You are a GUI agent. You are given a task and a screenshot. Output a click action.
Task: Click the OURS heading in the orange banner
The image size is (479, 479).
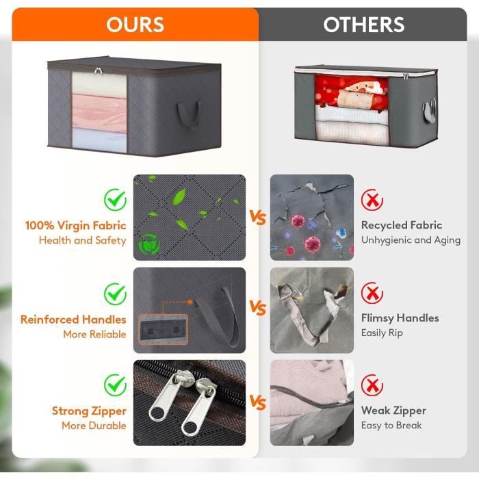(135, 25)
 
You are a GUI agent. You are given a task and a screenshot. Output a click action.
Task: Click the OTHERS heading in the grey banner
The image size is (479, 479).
(363, 25)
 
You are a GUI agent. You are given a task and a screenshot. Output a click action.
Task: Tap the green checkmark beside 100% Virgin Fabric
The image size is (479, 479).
(115, 200)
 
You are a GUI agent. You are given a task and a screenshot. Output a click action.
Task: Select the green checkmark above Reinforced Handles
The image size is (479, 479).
(115, 294)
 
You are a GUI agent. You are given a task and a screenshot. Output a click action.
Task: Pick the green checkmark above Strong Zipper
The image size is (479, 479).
(115, 385)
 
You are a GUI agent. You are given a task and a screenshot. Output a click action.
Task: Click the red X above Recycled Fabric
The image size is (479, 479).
(372, 200)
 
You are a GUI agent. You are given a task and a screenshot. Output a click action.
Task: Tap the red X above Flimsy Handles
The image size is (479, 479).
(372, 293)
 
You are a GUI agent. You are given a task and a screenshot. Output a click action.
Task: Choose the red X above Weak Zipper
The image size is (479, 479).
(372, 385)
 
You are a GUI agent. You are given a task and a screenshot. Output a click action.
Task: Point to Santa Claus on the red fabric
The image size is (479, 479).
(361, 86)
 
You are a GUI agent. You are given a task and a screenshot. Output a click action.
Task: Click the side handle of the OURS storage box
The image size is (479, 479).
(189, 115)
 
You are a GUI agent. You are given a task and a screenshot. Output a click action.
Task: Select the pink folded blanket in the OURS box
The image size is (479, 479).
(99, 112)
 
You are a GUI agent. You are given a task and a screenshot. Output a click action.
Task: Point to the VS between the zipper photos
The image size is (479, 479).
(257, 402)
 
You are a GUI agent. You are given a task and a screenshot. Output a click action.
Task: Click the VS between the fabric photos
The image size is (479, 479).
(257, 217)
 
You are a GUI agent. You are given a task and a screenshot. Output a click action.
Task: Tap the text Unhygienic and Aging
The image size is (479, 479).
(411, 240)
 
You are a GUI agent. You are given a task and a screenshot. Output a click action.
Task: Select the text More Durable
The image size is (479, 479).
(94, 425)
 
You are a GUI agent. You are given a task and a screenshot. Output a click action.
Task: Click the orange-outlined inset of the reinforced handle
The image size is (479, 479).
(163, 330)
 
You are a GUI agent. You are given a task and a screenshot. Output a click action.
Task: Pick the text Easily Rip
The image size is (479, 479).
(382, 333)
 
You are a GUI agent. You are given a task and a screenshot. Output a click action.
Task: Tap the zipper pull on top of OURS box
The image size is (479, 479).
(98, 71)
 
